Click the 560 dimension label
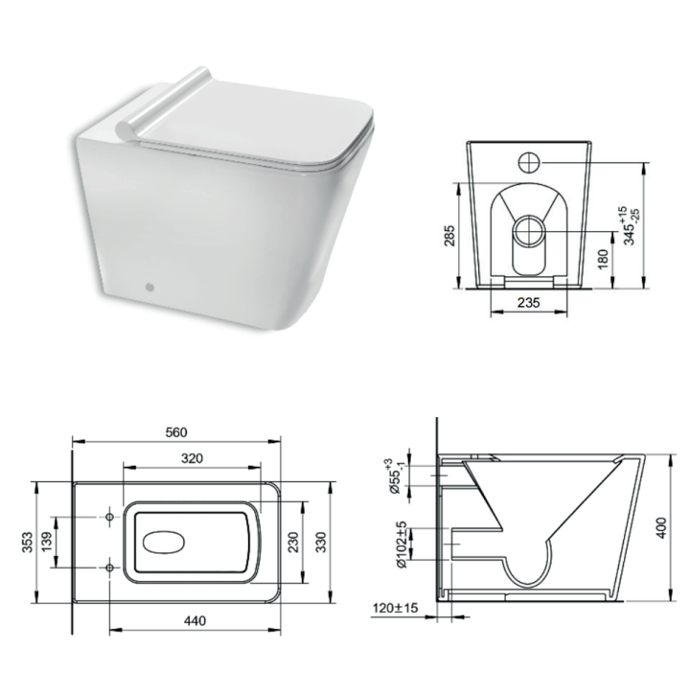176,431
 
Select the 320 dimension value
193,458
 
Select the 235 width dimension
524,303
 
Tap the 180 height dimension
601,259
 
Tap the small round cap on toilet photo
148,286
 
